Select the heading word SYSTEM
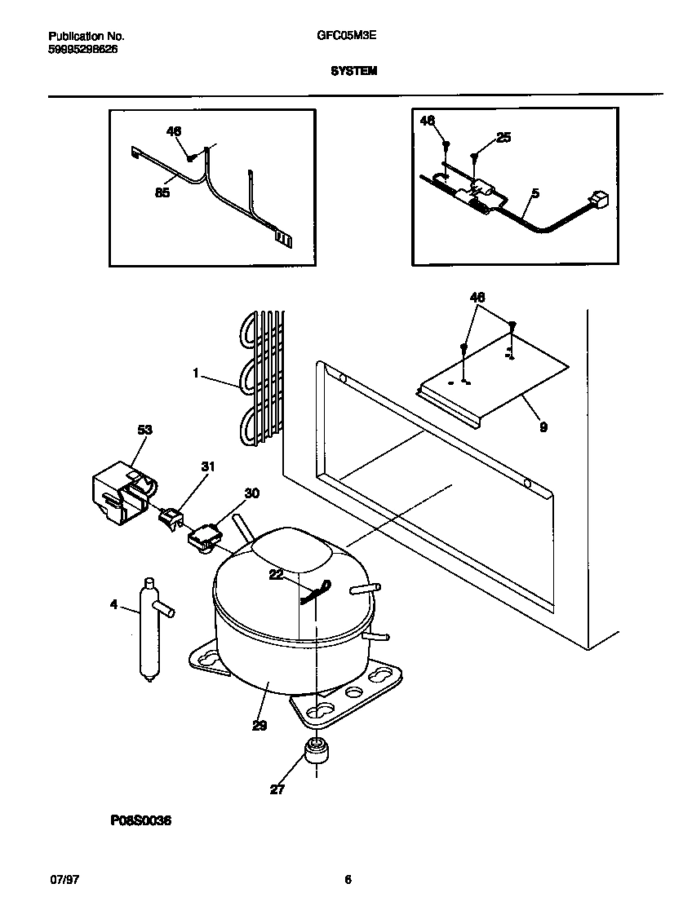pos(353,71)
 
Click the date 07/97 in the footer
pos(64,879)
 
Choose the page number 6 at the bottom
pos(348,879)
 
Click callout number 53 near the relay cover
pos(144,430)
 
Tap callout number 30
pos(251,493)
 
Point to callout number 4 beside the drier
pos(113,604)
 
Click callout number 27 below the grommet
pos(277,789)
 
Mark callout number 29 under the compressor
pos(259,726)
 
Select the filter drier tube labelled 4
pos(149,628)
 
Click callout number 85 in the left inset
pos(162,193)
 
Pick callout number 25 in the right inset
pos(503,138)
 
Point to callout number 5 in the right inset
pos(535,193)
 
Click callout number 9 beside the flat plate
pos(543,426)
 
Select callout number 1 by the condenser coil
pos(196,373)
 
